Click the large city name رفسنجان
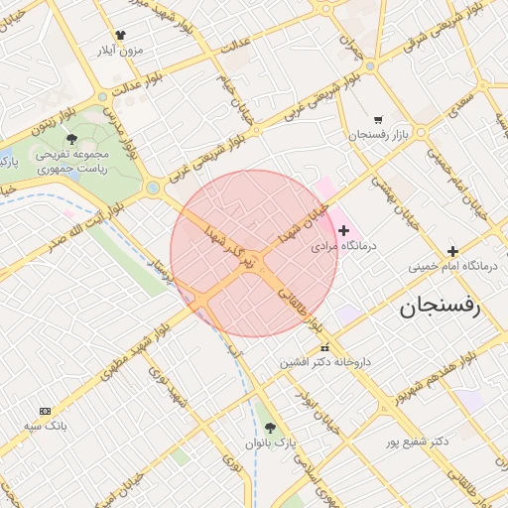[x=439, y=307]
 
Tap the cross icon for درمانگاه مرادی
[x=344, y=230]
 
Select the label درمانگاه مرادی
[x=339, y=245]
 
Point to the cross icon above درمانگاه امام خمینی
[x=452, y=251]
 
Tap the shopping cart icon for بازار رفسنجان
[x=378, y=119]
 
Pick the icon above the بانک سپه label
[x=45, y=411]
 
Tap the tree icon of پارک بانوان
[x=270, y=427]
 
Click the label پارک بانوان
[x=273, y=442]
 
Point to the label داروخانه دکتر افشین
[x=324, y=362]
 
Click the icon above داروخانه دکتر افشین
[x=324, y=347]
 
